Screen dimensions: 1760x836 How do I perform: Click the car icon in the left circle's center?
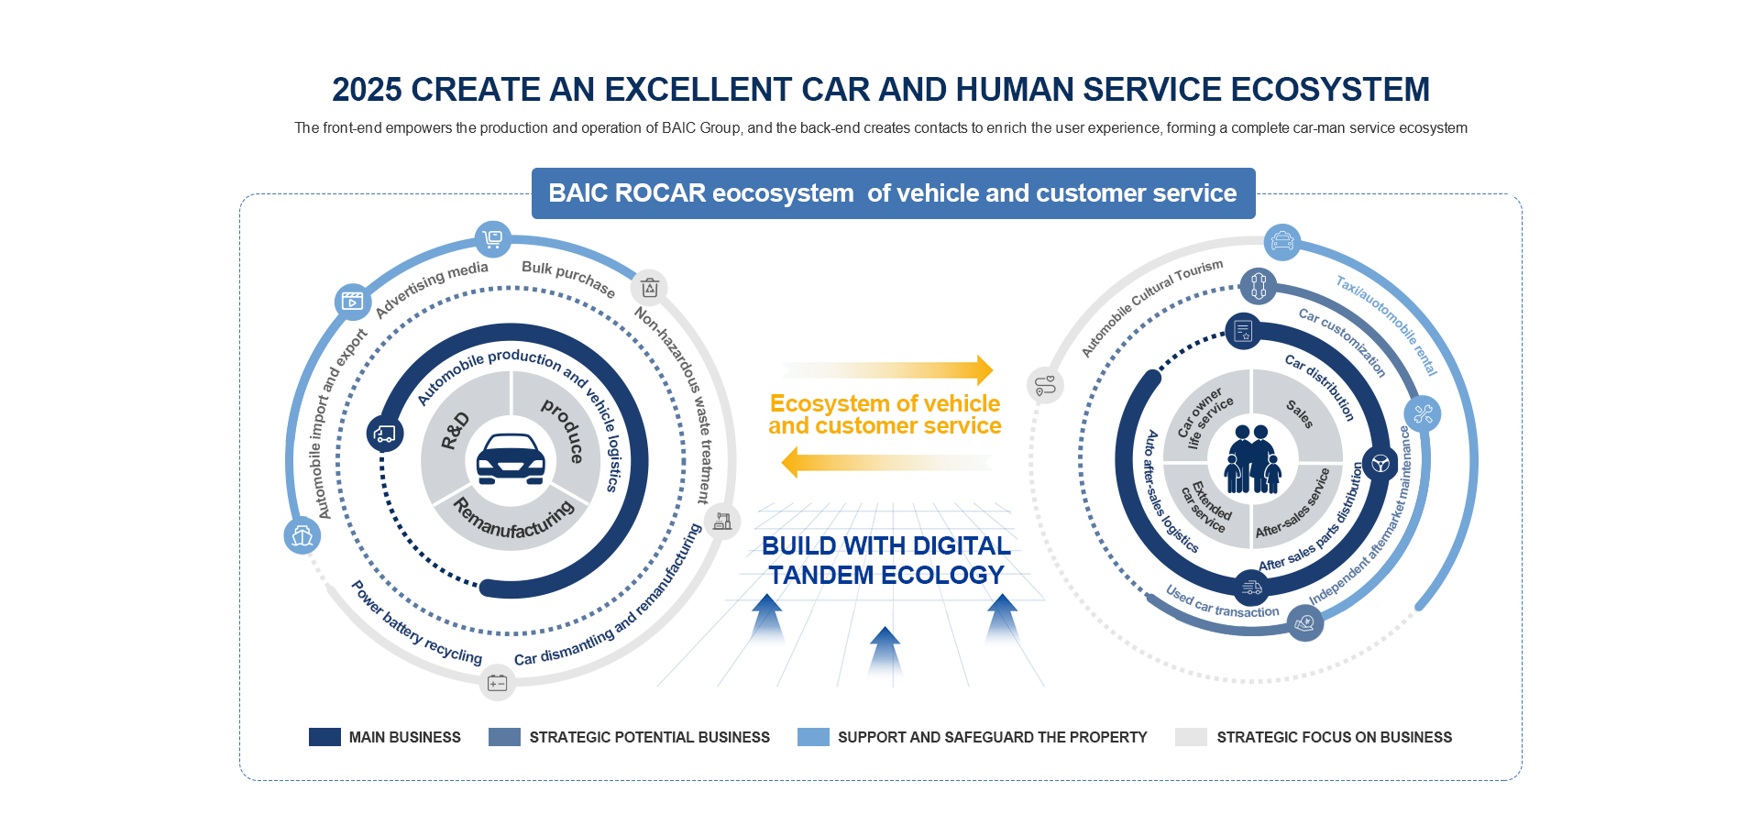point(511,458)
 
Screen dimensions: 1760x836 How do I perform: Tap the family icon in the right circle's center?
point(1253,459)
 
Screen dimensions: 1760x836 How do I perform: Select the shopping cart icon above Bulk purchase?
point(493,239)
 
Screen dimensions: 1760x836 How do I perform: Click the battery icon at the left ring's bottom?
point(498,683)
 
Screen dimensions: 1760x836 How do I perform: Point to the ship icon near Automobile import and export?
point(302,536)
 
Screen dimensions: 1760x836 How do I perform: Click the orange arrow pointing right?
point(887,369)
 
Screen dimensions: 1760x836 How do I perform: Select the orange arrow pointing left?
point(887,463)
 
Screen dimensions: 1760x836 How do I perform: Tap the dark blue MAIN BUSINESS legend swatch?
point(324,737)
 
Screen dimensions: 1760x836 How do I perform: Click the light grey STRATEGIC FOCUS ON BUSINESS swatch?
point(1191,737)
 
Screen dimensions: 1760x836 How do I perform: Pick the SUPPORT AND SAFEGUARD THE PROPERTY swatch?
point(813,737)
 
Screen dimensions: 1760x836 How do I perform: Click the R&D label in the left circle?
point(455,431)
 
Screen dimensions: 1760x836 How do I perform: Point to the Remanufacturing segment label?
point(513,519)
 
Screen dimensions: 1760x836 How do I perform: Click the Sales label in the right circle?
point(1300,413)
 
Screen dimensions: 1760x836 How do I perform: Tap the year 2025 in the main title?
point(367,89)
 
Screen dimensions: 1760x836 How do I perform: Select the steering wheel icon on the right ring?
point(1380,463)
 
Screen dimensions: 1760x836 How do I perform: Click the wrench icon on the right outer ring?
point(1423,414)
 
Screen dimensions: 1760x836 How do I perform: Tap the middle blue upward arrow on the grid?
point(885,656)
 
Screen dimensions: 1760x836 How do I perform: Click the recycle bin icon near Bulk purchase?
point(650,288)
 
